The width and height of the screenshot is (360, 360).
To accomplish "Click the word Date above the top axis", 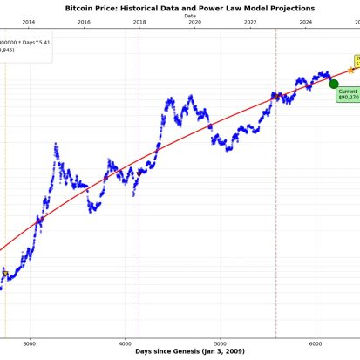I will click(190, 16).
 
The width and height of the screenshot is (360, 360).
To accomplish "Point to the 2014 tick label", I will click(28, 22).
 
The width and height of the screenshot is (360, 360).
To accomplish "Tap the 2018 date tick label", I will click(139, 22).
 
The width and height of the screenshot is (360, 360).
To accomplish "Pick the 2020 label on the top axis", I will click(194, 22).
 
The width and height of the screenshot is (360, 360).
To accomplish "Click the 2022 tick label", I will click(250, 22).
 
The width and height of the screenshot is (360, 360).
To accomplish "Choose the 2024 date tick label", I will click(306, 22).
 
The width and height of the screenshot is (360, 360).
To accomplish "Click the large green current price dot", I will click(333, 83).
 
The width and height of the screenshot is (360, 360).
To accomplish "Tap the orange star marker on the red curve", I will click(350, 69).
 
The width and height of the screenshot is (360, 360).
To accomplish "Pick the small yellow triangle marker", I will click(4, 273).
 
